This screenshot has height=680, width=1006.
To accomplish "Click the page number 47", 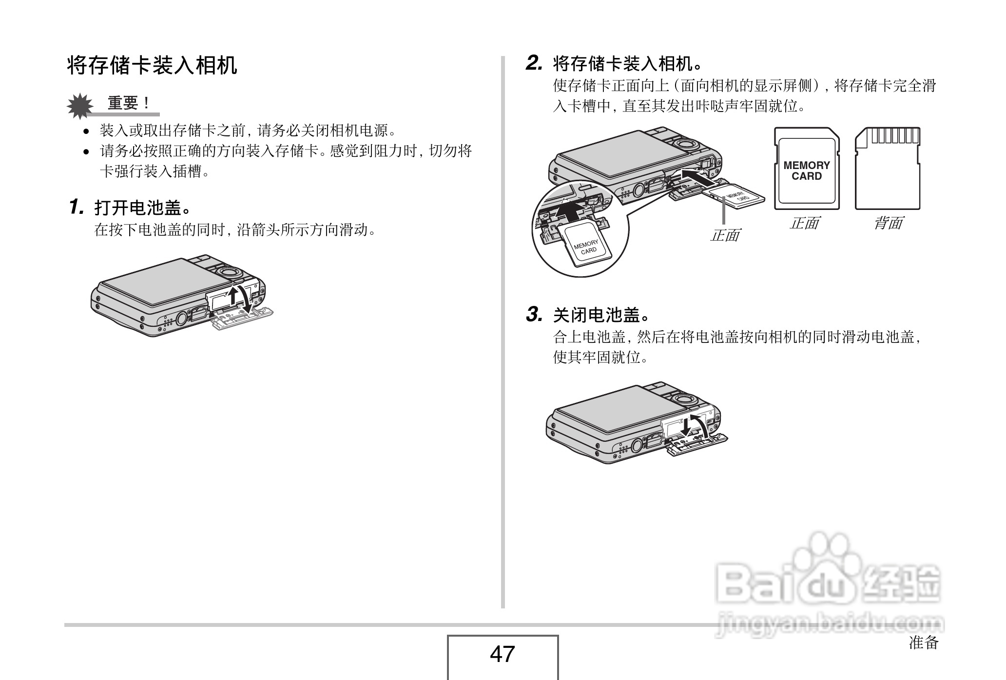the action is (503, 654).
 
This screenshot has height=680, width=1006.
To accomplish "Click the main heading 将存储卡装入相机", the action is (152, 65).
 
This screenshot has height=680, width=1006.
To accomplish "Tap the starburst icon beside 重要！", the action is (80, 106).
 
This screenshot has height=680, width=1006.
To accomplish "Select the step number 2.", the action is (534, 63).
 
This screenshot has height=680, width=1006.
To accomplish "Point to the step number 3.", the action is (534, 315).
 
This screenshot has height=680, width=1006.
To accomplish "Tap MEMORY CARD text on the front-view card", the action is (807, 171).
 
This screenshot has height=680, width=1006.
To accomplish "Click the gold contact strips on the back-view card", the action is (894, 135).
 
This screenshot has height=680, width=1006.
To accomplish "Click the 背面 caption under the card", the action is (888, 224).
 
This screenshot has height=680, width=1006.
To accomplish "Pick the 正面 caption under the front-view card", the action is (804, 224).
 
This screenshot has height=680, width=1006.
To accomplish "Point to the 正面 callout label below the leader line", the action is (725, 236).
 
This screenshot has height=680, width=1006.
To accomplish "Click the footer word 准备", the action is (924, 642).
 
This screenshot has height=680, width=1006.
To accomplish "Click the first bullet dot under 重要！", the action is (86, 131).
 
